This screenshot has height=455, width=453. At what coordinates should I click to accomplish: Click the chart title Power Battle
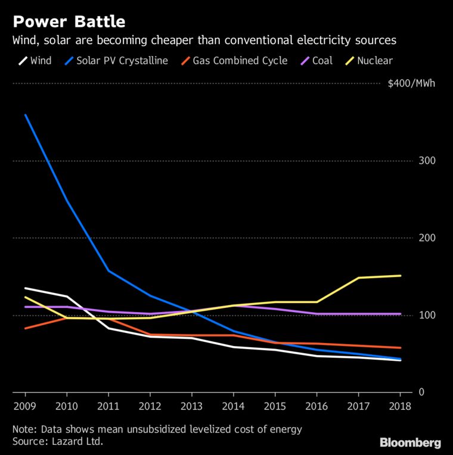69,22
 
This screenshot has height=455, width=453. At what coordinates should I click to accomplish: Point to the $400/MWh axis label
411,83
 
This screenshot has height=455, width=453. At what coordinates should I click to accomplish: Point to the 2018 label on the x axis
400,407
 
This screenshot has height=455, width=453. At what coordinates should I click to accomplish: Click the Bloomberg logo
410,442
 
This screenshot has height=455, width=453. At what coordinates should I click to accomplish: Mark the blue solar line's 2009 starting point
25,115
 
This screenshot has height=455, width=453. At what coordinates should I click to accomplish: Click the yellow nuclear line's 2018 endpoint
400,276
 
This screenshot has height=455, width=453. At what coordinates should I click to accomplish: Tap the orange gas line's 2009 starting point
25,328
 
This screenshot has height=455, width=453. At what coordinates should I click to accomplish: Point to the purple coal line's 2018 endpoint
400,314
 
